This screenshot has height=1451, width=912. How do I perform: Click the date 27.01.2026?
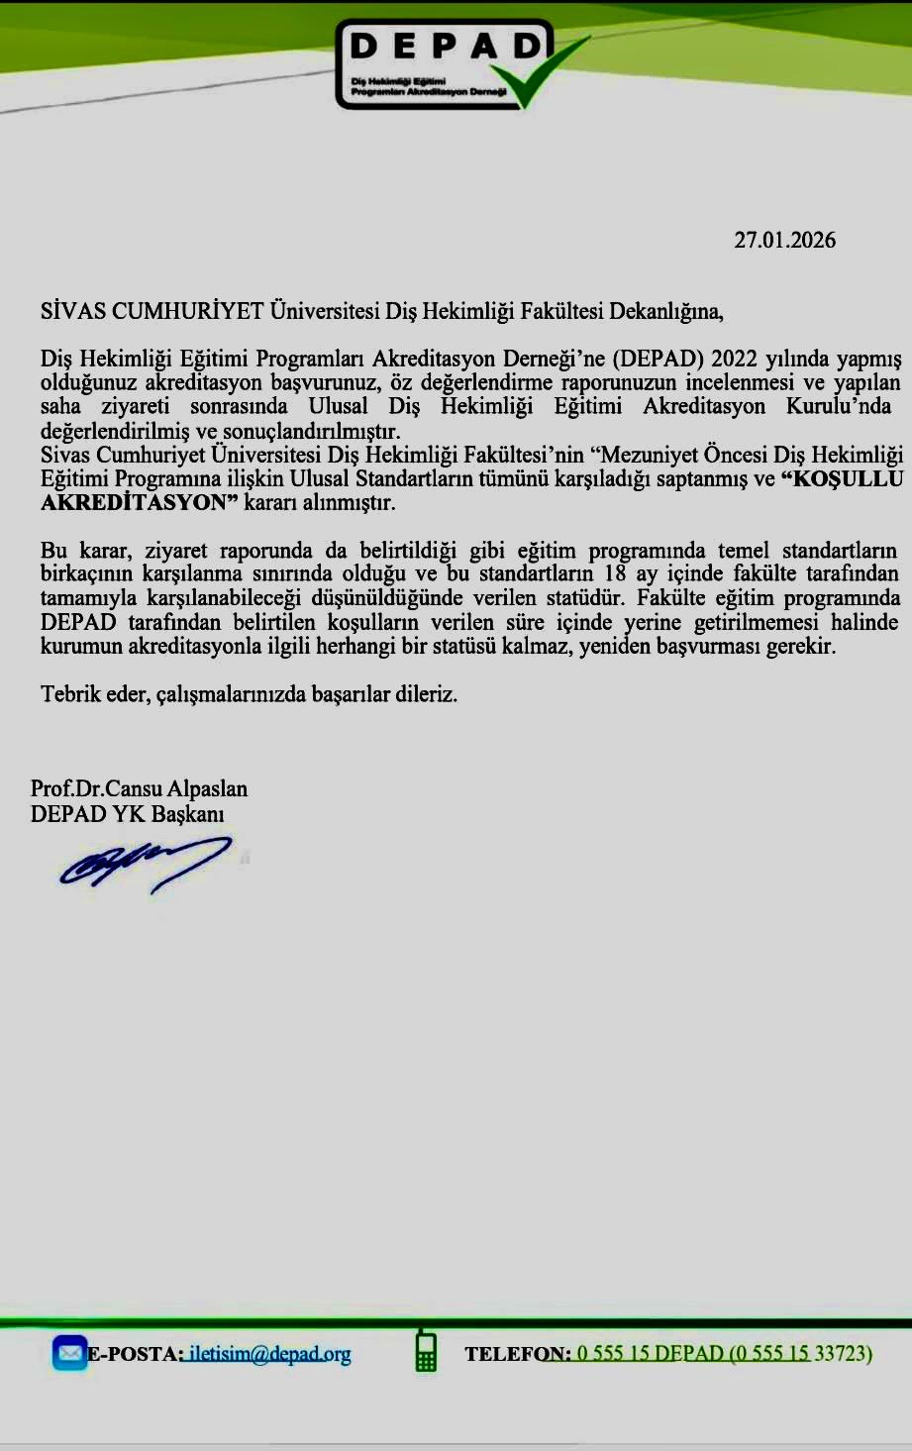(784, 240)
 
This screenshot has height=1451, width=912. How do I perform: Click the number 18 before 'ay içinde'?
(615, 573)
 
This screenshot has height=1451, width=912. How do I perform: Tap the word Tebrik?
(68, 693)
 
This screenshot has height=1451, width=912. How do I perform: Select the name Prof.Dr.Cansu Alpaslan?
(139, 788)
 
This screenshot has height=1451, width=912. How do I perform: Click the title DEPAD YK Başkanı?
(128, 813)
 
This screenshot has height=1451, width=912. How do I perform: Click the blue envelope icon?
(70, 1353)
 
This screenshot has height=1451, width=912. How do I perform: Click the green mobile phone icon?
(426, 1351)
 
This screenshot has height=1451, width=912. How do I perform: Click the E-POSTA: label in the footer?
(135, 1354)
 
